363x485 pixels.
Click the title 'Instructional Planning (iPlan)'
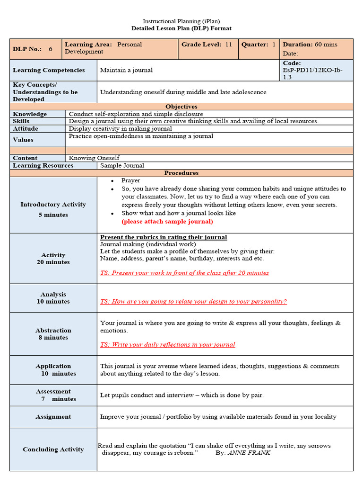coord(181,21)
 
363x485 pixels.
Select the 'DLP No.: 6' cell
coord(33,49)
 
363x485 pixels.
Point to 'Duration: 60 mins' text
coord(310,45)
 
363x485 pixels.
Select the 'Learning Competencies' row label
coord(49,70)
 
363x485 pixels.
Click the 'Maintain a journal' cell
coord(126,70)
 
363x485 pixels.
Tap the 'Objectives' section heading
coord(181,107)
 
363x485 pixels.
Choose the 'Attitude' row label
coord(26,129)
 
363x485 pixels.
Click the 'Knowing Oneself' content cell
coord(94,158)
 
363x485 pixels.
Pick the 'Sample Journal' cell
coord(122,166)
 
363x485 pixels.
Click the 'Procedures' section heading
coord(181,173)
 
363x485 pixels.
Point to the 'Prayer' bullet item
coord(130,180)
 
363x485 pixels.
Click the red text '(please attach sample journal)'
coord(167,222)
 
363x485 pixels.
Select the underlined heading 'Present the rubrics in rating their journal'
coord(164,237)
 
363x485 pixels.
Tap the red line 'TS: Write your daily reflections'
coord(167,345)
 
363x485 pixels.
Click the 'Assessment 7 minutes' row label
coord(53,395)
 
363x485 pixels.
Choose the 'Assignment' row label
coord(53,417)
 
